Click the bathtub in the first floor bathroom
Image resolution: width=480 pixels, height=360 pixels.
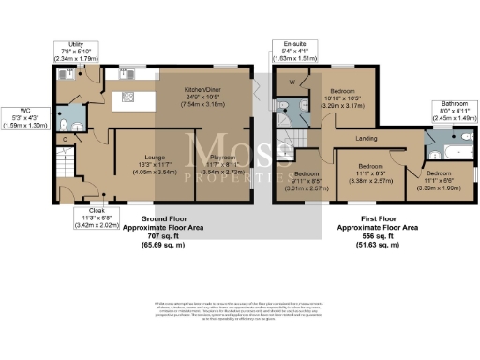pos(451,150)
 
